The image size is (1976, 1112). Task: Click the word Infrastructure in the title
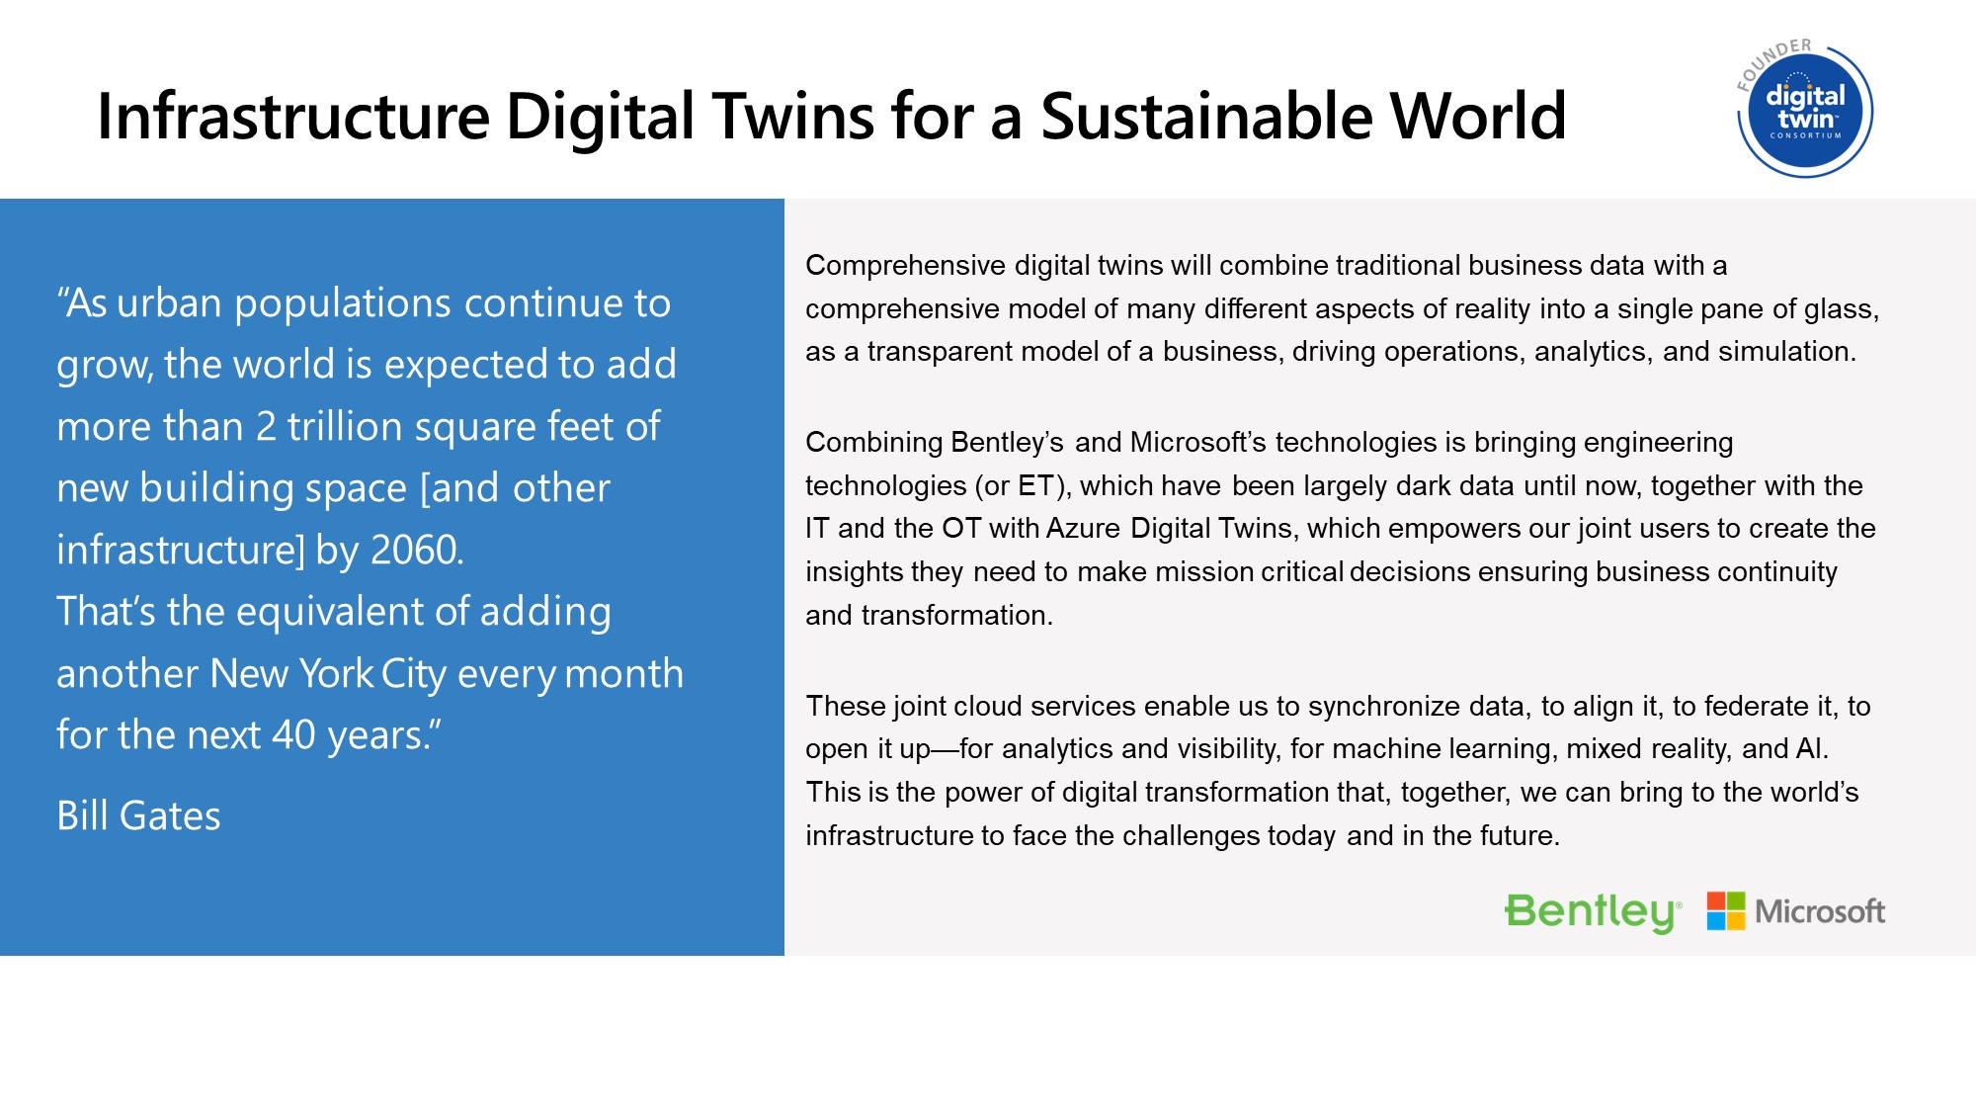click(293, 117)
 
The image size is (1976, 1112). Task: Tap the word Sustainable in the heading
click(1206, 117)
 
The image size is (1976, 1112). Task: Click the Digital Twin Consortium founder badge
click(1804, 109)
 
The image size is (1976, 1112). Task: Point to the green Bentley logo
click(1593, 912)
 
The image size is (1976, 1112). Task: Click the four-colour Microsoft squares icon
click(1726, 911)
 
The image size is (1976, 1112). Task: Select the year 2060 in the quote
click(415, 551)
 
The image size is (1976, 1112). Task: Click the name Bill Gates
click(138, 816)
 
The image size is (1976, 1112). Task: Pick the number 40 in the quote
click(293, 735)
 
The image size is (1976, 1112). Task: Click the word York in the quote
click(336, 674)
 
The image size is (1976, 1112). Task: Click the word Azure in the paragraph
click(1083, 529)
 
